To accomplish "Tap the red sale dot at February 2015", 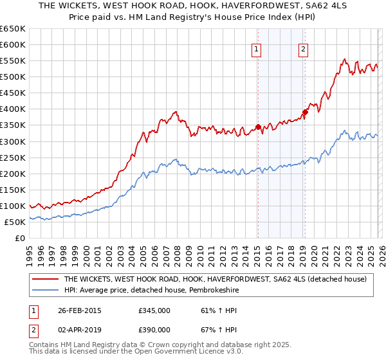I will [x=258, y=127].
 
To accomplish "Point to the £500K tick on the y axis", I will [x=13, y=77].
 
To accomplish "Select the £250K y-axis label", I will [x=13, y=157].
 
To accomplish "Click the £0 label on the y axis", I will [x=19, y=238].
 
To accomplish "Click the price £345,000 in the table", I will [x=154, y=310].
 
